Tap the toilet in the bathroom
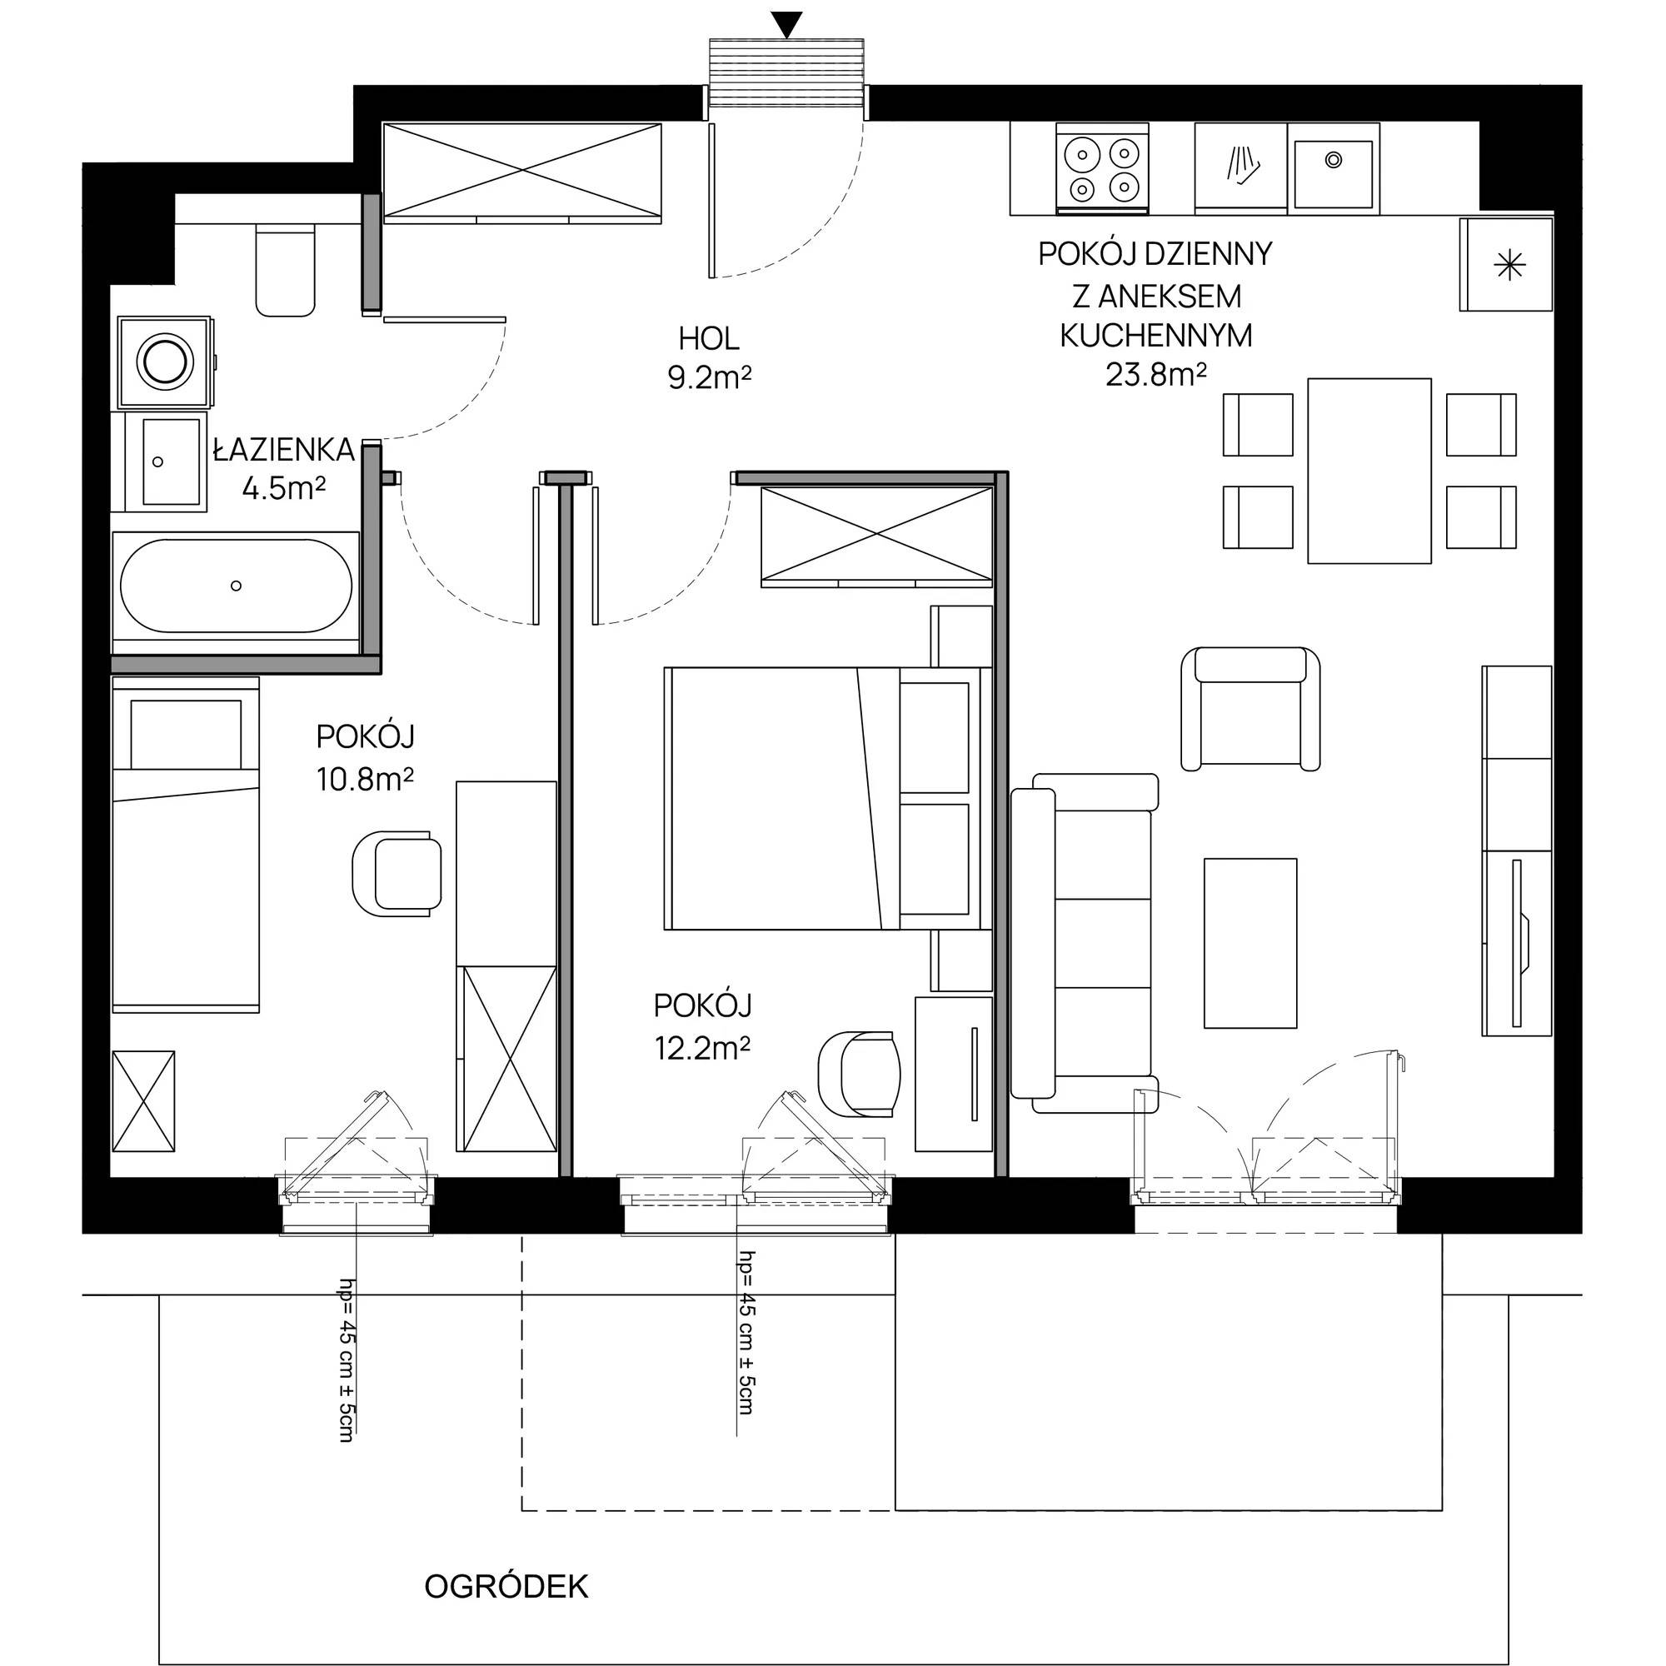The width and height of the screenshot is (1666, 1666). click(x=285, y=270)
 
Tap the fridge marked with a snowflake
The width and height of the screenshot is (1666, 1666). click(x=1505, y=265)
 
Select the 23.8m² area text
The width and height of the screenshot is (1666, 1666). click(x=1155, y=374)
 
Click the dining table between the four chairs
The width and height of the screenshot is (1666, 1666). click(x=1369, y=471)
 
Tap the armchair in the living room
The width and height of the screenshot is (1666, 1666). click(x=1250, y=708)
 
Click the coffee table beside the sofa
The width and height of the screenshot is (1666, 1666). click(x=1250, y=942)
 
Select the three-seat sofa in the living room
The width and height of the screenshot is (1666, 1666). click(x=1083, y=942)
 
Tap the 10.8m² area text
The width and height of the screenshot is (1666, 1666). click(x=366, y=780)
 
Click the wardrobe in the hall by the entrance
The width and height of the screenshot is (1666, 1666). click(x=522, y=172)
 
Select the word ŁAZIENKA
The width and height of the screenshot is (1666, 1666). click(x=284, y=449)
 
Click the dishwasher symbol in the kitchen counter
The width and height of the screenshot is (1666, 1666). click(x=1241, y=166)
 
